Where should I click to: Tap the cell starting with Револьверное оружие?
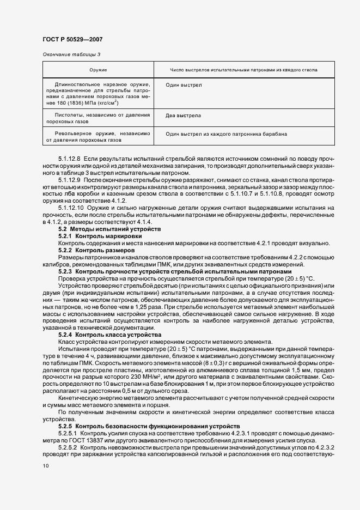[98, 137]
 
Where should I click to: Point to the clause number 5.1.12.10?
[70, 208]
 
